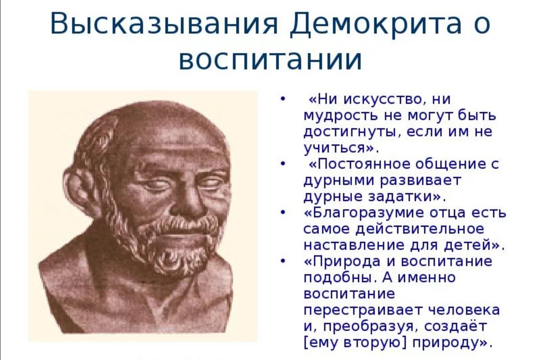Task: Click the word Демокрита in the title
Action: tap(376, 24)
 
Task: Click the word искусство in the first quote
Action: tap(382, 100)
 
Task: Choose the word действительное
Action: tap(420, 229)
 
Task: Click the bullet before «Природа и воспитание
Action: tap(283, 261)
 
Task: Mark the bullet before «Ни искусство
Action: tap(283, 99)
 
